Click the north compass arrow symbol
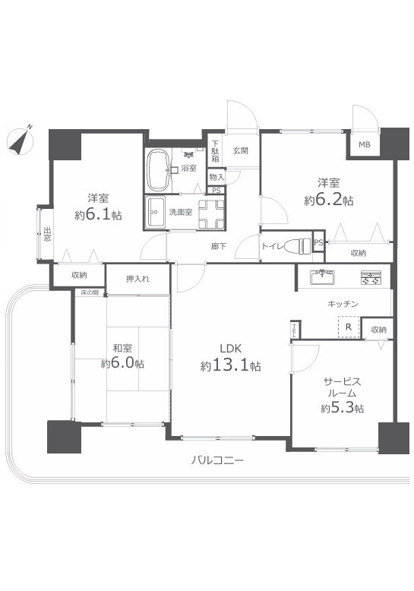(x=20, y=140)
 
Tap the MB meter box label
(x=364, y=145)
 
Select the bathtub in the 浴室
(x=158, y=170)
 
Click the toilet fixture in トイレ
(x=304, y=245)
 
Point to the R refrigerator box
(x=348, y=327)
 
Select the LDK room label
(x=230, y=349)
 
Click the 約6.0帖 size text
(x=122, y=364)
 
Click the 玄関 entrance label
(x=241, y=150)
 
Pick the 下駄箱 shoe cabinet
(x=216, y=152)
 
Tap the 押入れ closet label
(x=137, y=278)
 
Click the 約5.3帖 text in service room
(x=342, y=409)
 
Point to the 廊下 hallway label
(x=220, y=246)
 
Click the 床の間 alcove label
(x=90, y=292)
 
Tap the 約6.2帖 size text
(x=328, y=201)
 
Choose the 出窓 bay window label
(x=46, y=234)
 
